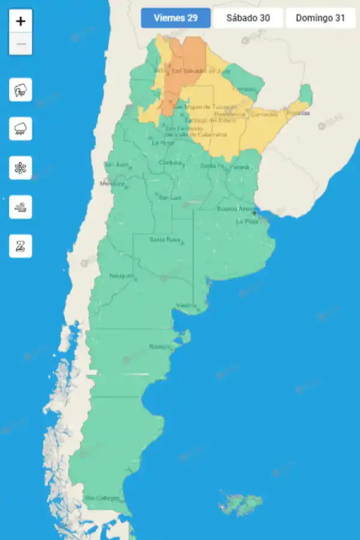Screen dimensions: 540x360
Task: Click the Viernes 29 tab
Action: click(x=176, y=18)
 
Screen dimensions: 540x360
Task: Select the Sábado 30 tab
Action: click(x=248, y=18)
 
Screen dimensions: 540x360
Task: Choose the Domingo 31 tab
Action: click(x=320, y=18)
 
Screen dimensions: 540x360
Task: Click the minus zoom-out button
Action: click(x=21, y=44)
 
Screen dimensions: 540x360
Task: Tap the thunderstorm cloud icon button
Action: click(x=21, y=90)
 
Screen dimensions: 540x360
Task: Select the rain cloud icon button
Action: click(x=21, y=129)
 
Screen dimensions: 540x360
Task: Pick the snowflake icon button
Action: click(x=21, y=168)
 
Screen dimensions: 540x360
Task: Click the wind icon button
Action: click(x=21, y=207)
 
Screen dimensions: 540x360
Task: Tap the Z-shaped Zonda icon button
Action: click(x=21, y=246)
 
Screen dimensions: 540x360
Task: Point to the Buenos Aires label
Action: click(x=235, y=209)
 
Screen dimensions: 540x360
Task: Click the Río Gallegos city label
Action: click(x=103, y=498)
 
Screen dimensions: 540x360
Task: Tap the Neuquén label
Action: click(x=121, y=275)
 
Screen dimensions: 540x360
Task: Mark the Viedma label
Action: click(x=187, y=305)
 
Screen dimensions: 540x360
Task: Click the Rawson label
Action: click(x=160, y=347)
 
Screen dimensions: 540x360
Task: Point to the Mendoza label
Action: click(x=112, y=183)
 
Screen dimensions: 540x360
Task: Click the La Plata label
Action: click(x=247, y=221)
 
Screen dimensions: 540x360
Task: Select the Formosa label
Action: click(x=244, y=89)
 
